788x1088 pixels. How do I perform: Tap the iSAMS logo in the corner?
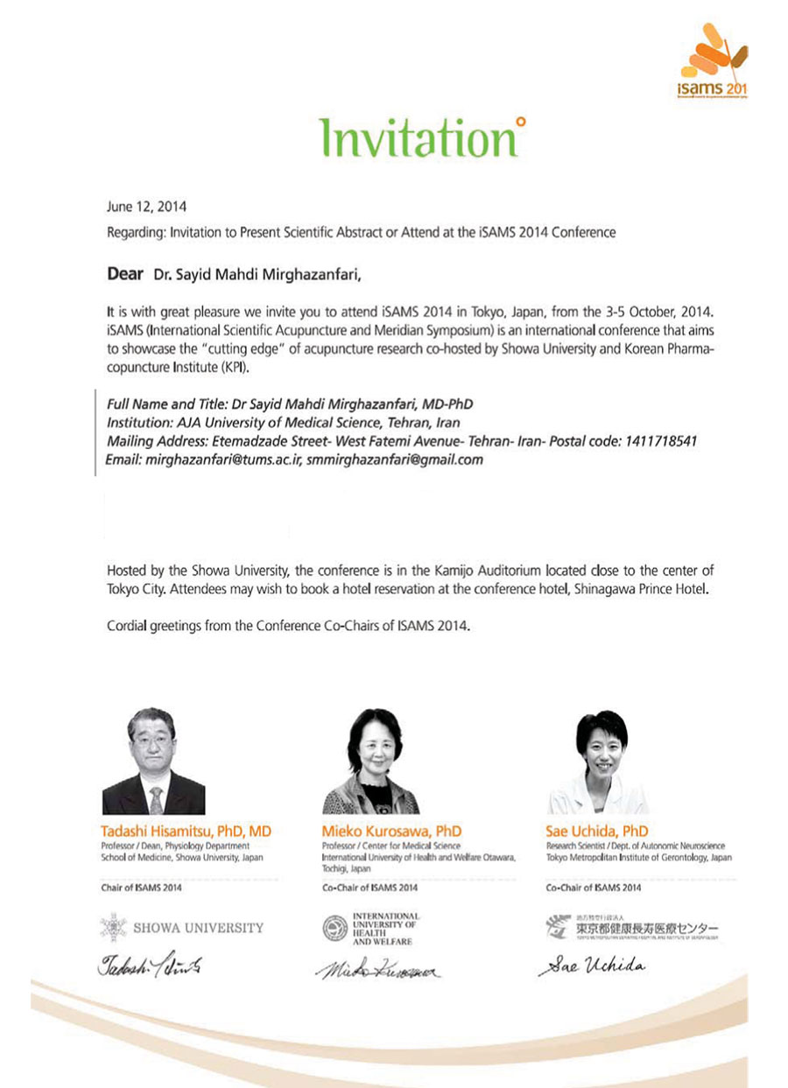712,61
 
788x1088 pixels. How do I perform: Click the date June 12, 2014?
146,207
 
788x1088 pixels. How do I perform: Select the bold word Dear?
124,275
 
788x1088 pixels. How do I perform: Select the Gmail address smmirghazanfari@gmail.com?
396,460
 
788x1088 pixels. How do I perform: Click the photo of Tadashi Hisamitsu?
153,762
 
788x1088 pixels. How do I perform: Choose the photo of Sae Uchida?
599,762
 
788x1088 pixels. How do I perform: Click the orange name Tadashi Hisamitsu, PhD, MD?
186,830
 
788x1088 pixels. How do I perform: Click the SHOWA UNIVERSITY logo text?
198,927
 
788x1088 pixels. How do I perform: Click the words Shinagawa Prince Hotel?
639,589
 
